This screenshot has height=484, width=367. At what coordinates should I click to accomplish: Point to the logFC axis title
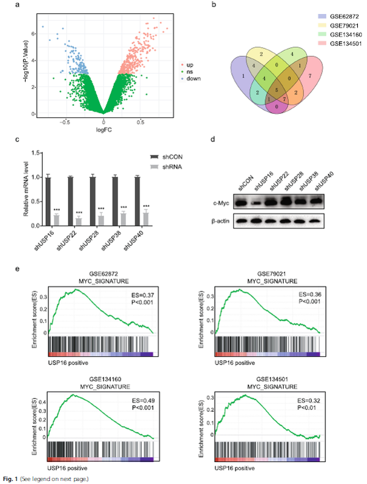click(x=103, y=130)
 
